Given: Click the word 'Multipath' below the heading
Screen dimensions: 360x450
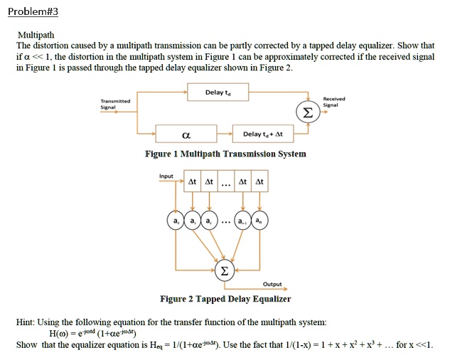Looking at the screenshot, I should point(36,34).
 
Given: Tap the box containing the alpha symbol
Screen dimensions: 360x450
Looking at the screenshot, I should point(186,134).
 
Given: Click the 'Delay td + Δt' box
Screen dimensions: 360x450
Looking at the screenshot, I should point(262,134).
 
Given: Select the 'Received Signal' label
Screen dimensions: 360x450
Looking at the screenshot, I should point(333,102).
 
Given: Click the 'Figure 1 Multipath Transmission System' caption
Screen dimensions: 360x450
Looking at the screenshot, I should point(225,154).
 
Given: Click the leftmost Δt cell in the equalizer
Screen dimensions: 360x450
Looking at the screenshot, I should point(192,183).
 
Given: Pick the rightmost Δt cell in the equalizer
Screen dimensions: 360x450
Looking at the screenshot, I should point(259,183).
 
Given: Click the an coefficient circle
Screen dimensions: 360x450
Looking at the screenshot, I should point(261,223).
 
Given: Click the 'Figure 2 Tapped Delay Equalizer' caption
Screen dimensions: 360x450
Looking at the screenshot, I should point(225,299).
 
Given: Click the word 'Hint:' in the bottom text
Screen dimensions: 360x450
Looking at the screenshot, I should point(27,322).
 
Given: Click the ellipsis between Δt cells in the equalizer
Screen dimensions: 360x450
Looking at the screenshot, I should point(225,184).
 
